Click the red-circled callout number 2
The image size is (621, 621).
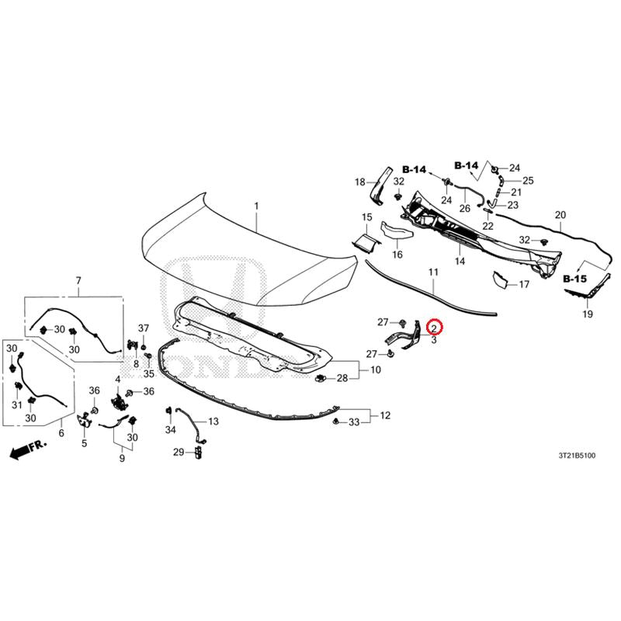point(434,328)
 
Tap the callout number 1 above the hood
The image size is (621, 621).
point(257,206)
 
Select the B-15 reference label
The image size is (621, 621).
point(574,279)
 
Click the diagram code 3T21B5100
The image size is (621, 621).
point(577,456)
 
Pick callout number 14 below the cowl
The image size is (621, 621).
point(460,261)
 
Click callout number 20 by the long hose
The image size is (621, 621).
point(560,215)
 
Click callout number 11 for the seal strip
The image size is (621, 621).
point(433,272)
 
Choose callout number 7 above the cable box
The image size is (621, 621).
point(78,281)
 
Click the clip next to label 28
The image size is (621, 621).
point(320,379)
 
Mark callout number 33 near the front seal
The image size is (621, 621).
point(354,422)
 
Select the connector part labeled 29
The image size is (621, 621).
point(198,452)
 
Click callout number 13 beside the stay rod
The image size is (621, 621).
point(213,422)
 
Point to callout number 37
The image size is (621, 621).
point(144,328)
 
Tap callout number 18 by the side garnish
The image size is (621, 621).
point(359,182)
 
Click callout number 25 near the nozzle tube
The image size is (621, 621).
point(529,181)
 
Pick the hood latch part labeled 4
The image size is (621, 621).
point(118,403)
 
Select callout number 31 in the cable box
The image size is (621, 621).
point(16,405)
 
